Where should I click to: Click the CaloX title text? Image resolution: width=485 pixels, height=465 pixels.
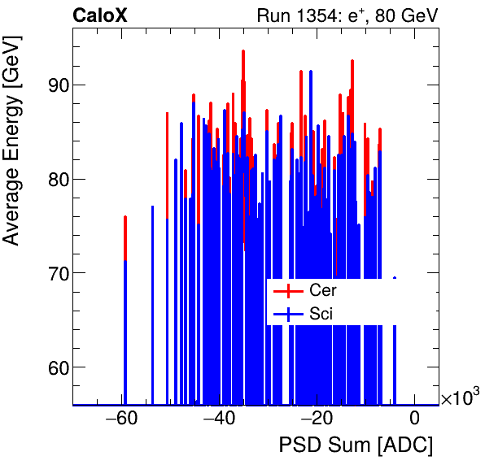tap(100, 15)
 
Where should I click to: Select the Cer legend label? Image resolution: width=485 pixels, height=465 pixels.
tap(323, 290)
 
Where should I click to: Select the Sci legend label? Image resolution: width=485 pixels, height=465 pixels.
tap(321, 314)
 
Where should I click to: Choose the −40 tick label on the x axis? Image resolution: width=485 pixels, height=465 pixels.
tap(219, 419)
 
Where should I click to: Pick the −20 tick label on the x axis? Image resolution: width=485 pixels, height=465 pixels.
tap(317, 419)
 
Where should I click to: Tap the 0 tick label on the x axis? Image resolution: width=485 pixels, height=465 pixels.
tap(414, 419)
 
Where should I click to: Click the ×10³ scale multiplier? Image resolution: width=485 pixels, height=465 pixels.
tap(460, 398)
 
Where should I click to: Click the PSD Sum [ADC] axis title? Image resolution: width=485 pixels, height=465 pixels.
tap(356, 445)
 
